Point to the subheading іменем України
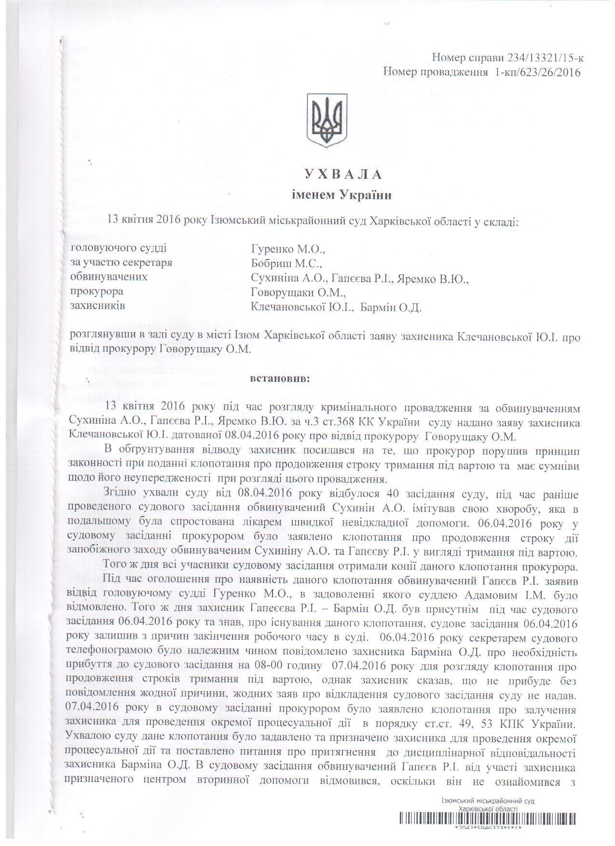pos(342,195)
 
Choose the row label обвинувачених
pos(109,278)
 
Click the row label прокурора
pos(97,292)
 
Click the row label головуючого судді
pos(119,249)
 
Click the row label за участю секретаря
pos(121,263)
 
